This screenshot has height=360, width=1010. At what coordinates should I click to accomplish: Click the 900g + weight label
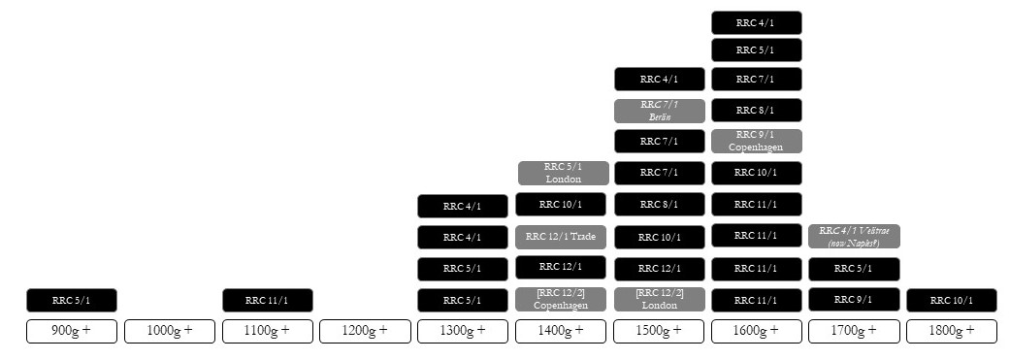coord(72,331)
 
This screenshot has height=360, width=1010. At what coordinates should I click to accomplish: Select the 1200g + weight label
coord(365,331)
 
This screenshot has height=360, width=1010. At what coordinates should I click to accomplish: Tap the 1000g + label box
coord(170,331)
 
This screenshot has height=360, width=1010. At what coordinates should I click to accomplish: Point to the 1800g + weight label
coord(951,331)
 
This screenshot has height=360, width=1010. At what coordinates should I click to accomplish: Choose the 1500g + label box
coord(658,331)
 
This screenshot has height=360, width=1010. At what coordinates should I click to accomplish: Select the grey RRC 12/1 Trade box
coord(561,236)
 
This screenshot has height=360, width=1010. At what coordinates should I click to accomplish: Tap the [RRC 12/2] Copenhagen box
coord(561,299)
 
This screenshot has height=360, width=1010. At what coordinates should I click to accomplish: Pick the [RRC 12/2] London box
coord(658,299)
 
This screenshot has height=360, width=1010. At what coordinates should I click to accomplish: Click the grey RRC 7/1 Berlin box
coord(658,110)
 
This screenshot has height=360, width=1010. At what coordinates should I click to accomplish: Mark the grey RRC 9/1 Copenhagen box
coord(756,141)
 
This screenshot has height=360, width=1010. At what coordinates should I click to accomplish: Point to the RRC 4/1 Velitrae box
coord(854,236)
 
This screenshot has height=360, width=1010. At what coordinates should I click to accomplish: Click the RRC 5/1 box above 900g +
coord(72,300)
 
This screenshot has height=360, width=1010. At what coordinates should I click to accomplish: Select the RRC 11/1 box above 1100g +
coord(268,300)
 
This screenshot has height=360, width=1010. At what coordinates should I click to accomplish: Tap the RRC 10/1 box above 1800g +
coord(951,300)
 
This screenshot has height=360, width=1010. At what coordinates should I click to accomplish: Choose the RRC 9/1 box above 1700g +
coord(854,299)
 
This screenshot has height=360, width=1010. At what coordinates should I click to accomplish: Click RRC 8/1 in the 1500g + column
coord(658,205)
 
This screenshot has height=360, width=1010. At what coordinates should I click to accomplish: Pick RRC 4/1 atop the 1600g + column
coord(756,22)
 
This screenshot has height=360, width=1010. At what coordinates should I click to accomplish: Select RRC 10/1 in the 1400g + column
coord(561,205)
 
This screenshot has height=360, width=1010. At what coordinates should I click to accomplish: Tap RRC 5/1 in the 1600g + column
coord(756,49)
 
